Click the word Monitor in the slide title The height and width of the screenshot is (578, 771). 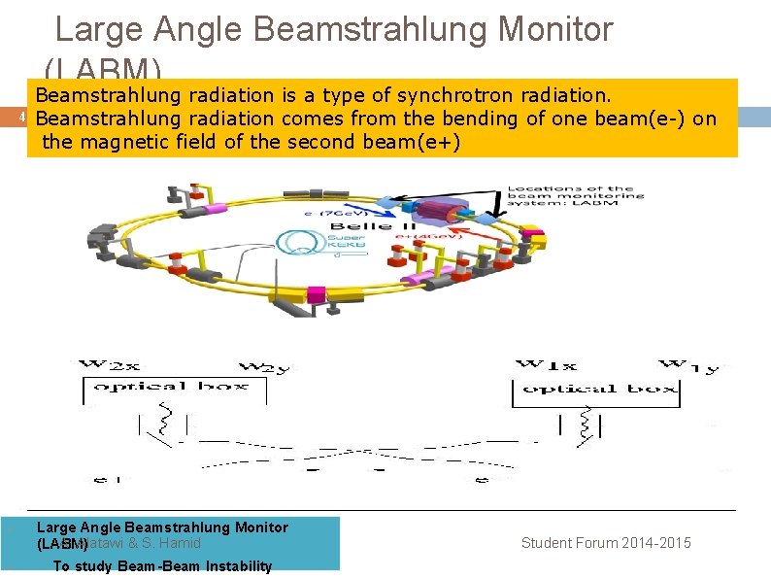pyautogui.click(x=554, y=29)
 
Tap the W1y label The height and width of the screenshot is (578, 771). pyautogui.click(x=693, y=366)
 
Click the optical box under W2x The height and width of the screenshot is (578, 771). pyautogui.click(x=170, y=387)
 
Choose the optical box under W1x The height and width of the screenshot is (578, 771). pyautogui.click(x=595, y=389)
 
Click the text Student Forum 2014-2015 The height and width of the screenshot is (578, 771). pyautogui.click(x=606, y=543)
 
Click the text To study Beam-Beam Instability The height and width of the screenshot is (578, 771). pyautogui.click(x=162, y=566)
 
